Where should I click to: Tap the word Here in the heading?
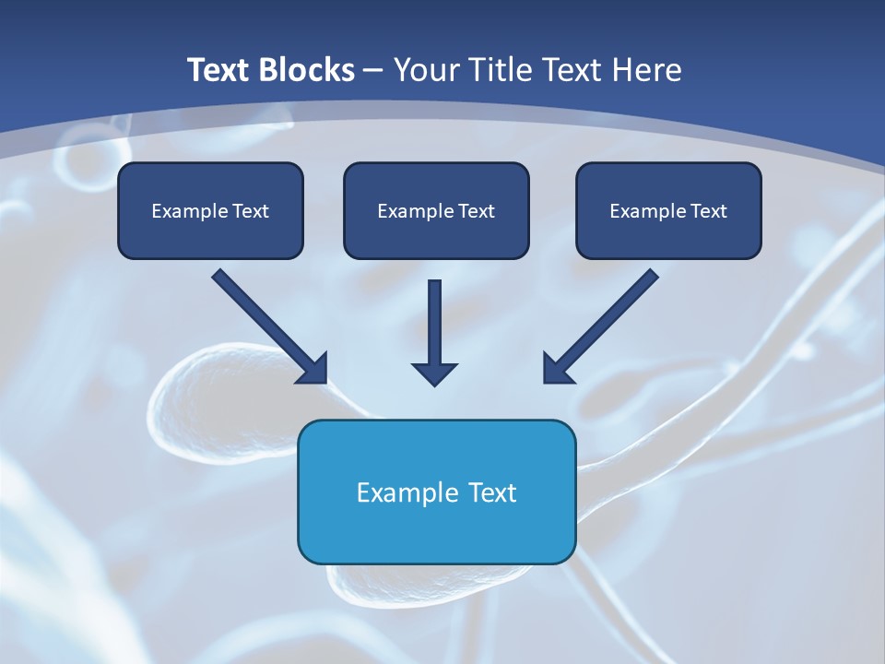(x=644, y=70)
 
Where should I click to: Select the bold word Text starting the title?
(x=220, y=70)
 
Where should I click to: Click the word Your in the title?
(x=428, y=70)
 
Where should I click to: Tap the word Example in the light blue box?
(x=395, y=492)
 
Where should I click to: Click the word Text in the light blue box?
(x=492, y=492)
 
